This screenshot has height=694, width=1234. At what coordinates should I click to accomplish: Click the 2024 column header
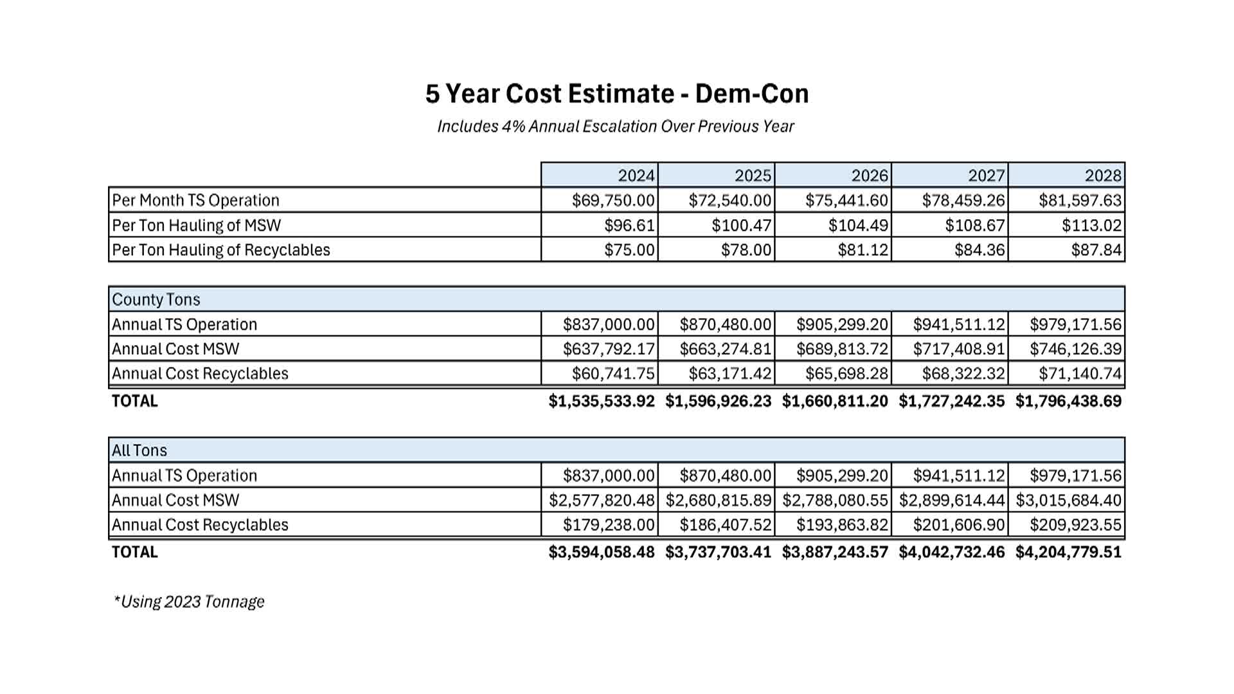tap(636, 175)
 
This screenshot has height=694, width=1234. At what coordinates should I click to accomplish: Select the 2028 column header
tap(1103, 175)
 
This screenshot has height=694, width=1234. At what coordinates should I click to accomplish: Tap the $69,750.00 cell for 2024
tap(613, 200)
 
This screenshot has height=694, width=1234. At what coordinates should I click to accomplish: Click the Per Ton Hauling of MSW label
tap(197, 226)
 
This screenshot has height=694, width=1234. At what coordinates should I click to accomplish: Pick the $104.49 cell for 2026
tap(858, 226)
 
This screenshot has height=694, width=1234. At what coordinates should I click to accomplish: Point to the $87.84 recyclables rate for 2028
tap(1096, 250)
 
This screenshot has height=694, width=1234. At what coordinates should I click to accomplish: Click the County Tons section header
tap(156, 299)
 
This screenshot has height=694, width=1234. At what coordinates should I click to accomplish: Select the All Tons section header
tap(139, 450)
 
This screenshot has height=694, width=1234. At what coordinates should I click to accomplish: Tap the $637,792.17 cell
tap(609, 349)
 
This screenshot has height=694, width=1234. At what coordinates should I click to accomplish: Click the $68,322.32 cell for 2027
tap(963, 373)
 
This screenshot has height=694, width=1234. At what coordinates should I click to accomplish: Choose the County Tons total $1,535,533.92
tap(602, 401)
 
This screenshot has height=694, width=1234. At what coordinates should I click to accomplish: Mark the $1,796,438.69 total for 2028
tap(1068, 401)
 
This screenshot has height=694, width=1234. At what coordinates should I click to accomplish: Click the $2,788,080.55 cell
tap(836, 500)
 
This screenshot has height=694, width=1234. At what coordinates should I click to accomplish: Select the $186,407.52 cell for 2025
tap(726, 525)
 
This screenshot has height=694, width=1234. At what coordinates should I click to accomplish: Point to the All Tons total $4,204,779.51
tap(1068, 552)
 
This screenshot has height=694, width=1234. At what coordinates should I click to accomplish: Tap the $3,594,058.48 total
tap(602, 552)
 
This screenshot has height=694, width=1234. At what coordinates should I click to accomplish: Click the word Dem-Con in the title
tap(752, 94)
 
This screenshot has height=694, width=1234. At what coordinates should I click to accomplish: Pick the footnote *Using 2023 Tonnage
tap(190, 602)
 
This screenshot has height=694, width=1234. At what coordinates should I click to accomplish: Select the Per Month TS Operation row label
tap(196, 200)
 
